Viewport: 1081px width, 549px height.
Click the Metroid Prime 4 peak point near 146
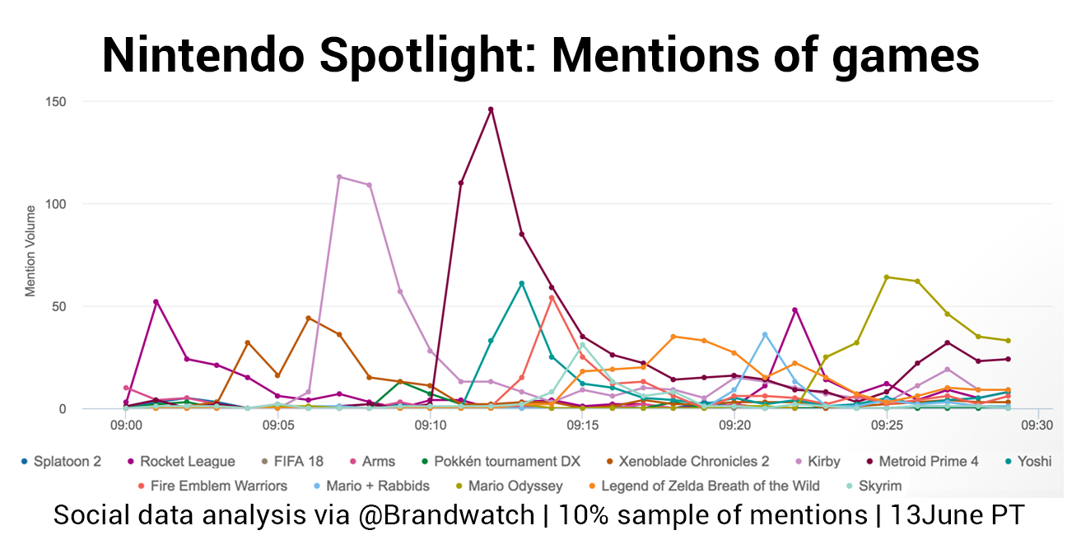click(x=491, y=109)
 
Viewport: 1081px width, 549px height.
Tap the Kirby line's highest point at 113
click(x=339, y=177)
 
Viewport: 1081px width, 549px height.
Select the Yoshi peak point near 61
click(x=521, y=283)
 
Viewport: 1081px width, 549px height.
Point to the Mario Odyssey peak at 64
click(x=887, y=277)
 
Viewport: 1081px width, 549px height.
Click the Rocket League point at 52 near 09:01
click(x=156, y=302)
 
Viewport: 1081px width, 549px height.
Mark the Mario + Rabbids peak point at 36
click(x=765, y=334)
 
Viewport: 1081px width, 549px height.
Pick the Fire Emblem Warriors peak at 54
click(x=552, y=298)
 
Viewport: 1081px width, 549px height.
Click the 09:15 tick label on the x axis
click(x=582, y=426)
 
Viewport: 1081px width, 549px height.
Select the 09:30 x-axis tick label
click(x=1038, y=426)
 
